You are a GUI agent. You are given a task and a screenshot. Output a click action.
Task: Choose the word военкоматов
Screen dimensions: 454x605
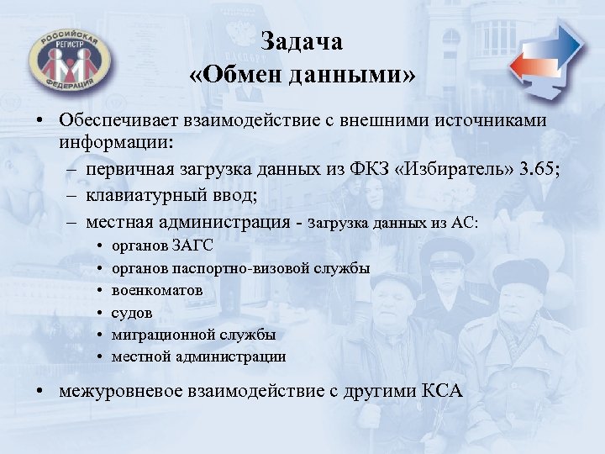[x=157, y=290]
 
